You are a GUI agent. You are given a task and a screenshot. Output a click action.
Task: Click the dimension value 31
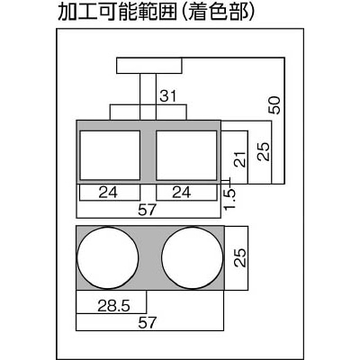(168, 96)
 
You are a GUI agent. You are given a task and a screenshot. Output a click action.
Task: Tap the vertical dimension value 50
(274, 105)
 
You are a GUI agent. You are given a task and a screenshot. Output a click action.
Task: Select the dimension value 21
(240, 158)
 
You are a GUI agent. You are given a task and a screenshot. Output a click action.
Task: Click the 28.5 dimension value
(113, 306)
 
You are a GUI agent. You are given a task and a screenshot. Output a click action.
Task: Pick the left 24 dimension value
(108, 193)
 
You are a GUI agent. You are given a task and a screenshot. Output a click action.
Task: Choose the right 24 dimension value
(181, 193)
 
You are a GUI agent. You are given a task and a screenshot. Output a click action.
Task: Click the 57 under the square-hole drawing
(148, 210)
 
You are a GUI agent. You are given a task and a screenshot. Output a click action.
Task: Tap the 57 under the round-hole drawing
(148, 323)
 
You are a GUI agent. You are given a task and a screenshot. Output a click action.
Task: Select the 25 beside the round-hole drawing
(240, 257)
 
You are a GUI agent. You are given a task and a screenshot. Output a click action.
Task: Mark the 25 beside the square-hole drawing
(264, 152)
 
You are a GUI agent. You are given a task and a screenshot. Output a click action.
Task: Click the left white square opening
(110, 156)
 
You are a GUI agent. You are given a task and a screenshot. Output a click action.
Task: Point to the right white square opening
(186, 156)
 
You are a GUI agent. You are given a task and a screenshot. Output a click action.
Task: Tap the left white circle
(108, 257)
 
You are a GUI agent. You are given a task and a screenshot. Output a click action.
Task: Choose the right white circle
(193, 257)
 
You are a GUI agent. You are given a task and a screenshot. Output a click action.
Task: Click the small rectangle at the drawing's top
(149, 66)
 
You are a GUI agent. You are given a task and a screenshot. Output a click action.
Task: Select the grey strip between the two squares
(148, 156)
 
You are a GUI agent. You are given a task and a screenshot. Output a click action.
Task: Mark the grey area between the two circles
(150, 257)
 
